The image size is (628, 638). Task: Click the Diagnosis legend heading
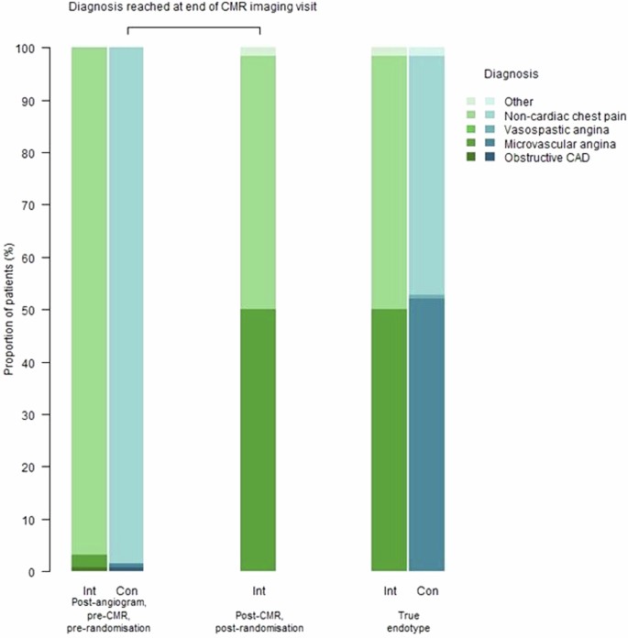[512, 71]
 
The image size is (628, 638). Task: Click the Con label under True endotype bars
[426, 590]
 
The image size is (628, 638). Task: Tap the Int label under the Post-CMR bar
[258, 590]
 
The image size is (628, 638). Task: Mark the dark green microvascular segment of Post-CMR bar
[258, 440]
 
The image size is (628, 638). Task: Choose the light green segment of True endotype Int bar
[389, 183]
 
